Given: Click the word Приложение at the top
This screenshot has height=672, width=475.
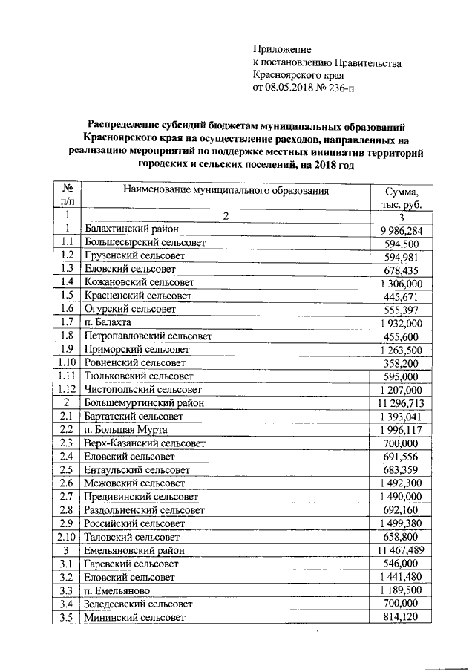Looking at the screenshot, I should [282, 49].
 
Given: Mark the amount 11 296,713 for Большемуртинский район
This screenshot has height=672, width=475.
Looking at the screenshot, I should [399, 403].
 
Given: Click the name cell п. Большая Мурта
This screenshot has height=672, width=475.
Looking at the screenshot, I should [125, 430].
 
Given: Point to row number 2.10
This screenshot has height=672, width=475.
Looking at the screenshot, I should [67, 536].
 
